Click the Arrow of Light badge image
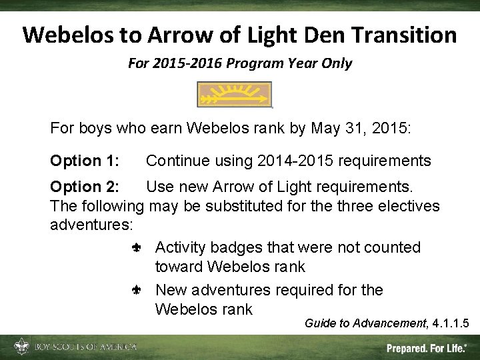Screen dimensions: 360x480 pyautogui.click(x=235, y=95)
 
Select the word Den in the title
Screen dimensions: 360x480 pyautogui.click(x=313, y=35)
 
